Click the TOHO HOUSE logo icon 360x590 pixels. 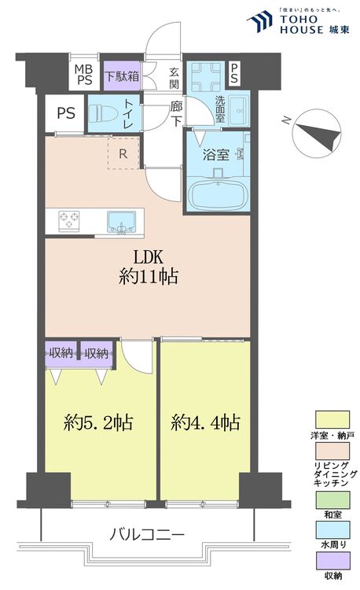[259, 23]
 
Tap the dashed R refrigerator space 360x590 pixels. [123, 153]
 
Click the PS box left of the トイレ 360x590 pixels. [65, 113]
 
